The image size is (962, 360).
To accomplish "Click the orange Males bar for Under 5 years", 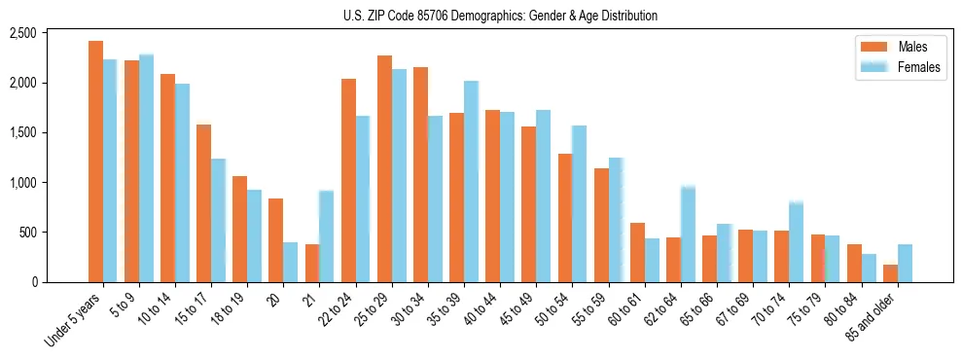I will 95,162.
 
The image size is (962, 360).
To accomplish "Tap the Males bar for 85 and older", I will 890,273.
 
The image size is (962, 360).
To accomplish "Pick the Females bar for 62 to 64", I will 688,234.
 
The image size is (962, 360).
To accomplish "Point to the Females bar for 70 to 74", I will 796,242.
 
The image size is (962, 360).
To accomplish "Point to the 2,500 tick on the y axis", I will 50,33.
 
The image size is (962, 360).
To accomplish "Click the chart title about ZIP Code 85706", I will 500,16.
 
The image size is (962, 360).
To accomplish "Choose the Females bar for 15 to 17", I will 218,220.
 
